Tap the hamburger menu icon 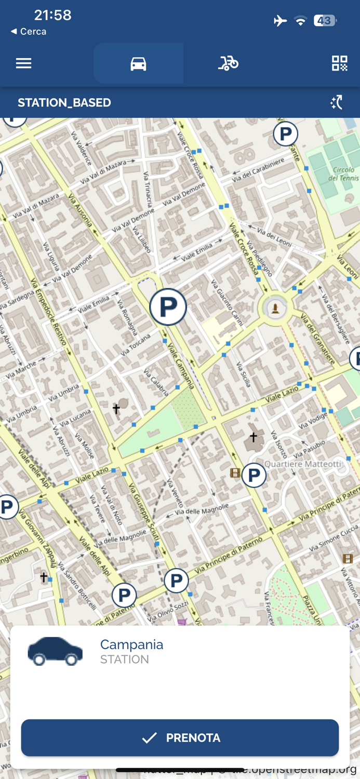point(23,63)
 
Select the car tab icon point(138,63)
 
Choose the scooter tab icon point(228,63)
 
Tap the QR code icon point(339,63)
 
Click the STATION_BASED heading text point(64,103)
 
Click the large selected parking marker point(168,307)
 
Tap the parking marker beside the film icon point(254,475)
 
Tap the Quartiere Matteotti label point(303,464)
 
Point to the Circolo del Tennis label point(343,174)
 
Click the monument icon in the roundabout point(275,308)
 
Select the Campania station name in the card point(131,644)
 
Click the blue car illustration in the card point(55,651)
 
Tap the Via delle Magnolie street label point(201,510)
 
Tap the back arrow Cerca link point(29,32)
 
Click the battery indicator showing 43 point(325,21)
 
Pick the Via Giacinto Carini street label point(227,303)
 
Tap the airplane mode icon point(280,21)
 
